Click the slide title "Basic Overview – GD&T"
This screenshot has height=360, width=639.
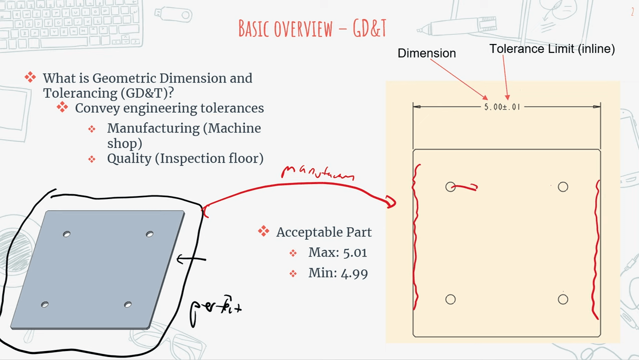click(312, 29)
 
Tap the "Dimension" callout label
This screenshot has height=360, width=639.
click(426, 53)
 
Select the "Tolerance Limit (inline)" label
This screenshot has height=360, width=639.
click(551, 49)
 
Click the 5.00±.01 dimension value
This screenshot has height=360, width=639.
click(502, 107)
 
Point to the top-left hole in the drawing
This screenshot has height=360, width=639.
click(450, 187)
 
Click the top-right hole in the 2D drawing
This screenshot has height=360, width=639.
click(563, 187)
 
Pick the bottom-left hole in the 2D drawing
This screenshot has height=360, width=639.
click(450, 299)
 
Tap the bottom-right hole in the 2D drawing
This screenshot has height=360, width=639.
click(563, 299)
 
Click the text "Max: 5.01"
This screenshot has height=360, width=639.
click(337, 252)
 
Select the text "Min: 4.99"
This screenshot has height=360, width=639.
click(337, 273)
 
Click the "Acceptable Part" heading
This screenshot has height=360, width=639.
click(323, 232)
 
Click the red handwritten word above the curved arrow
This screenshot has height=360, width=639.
click(317, 172)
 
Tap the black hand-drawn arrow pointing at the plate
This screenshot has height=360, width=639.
click(191, 259)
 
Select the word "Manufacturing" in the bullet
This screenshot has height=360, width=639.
click(153, 128)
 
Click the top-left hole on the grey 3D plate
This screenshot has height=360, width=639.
click(67, 234)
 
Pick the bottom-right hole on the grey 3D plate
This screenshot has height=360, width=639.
click(128, 304)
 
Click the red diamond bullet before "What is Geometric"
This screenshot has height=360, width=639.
click(30, 77)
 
